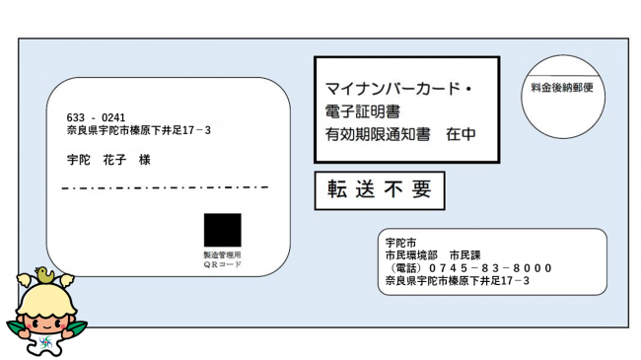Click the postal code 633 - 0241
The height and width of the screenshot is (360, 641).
pos(96,117)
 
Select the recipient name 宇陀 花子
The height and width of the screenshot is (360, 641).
pos(93,159)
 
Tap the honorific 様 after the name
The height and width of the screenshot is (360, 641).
pos(144,159)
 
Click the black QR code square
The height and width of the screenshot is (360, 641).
pos(222,230)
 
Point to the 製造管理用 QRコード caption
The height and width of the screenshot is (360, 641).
pos(222,259)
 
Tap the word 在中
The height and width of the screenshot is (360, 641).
pos(461,132)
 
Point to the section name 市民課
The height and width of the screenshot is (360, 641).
pos(463,254)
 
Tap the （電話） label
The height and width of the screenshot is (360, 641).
pos(407,267)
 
